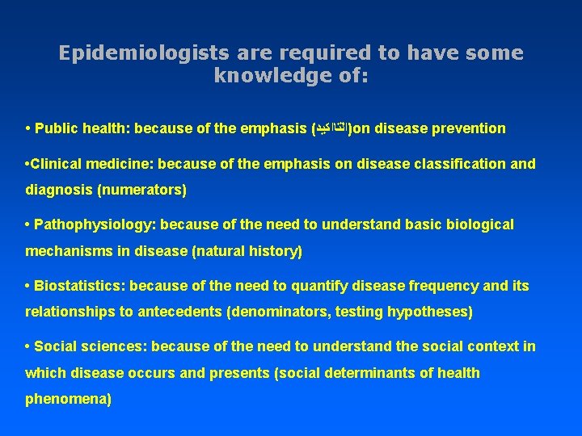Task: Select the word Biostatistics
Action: (x=78, y=285)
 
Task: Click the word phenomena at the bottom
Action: (x=67, y=399)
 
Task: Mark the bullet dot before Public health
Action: (x=28, y=128)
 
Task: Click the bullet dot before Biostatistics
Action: (x=28, y=285)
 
